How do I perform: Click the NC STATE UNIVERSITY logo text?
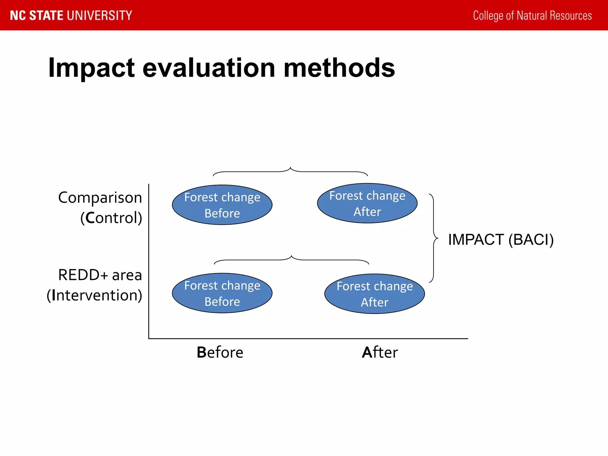tap(71, 15)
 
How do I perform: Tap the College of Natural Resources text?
tap(532, 15)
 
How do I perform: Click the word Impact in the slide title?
tap(91, 68)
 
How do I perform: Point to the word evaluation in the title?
tap(209, 68)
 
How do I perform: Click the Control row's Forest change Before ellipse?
tap(222, 205)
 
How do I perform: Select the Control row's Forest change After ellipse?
tap(367, 203)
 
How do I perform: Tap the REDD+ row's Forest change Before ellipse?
tap(222, 293)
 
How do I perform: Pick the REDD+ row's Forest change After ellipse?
tap(374, 294)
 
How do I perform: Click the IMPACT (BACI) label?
tap(501, 240)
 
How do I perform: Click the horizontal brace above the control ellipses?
tap(290, 171)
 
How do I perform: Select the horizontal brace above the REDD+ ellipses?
tap(292, 259)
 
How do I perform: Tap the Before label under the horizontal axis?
tap(220, 352)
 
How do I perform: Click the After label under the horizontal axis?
tap(380, 352)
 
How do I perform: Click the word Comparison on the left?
tap(100, 198)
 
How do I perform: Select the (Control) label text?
tap(111, 218)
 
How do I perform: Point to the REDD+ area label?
tap(100, 275)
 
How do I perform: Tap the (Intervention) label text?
tap(94, 295)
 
